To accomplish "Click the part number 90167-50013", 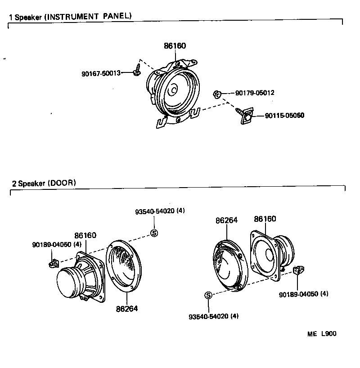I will pos(101,73).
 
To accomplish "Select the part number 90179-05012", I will pos(255,93).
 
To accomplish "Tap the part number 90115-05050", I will pos(284,115).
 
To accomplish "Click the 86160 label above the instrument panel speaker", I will pos(175,46).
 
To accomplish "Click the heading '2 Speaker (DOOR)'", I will pos(44,183).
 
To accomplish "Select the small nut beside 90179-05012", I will pos(216,94).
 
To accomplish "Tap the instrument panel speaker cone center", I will pos(173,90).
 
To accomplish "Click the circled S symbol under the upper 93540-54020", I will pos(153,233).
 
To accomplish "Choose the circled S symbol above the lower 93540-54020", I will pos(208,295).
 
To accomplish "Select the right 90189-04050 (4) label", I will pos(303,294).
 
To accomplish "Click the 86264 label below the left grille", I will pos(126,309).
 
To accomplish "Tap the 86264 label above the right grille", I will pos(226,220).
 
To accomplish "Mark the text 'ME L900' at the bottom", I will pos(322,334).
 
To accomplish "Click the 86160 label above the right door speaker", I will pos(265,219).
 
